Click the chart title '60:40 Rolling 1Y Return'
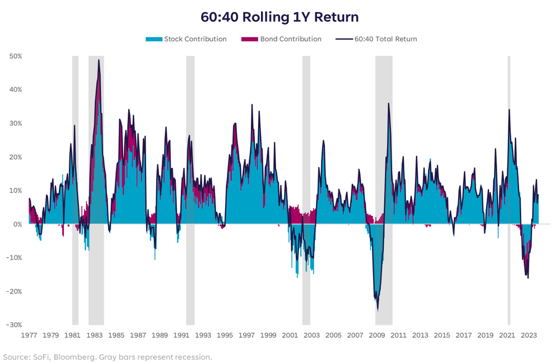279,17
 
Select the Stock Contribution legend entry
186,39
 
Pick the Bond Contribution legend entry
281,39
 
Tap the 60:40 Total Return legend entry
376,39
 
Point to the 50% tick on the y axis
15,57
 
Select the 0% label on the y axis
17,224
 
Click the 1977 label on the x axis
29,336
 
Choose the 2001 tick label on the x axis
290,336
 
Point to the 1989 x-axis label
160,336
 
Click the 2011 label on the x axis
398,336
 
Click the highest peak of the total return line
99,60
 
